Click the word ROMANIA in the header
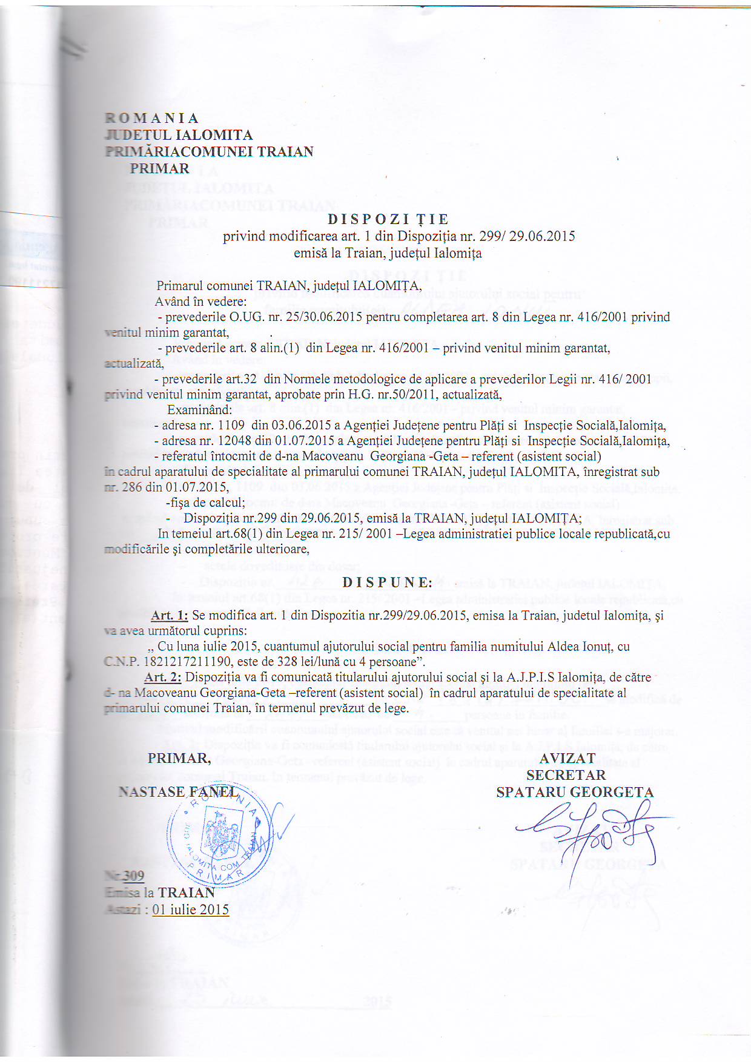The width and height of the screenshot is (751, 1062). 152,118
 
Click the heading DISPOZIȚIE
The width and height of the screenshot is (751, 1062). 388,219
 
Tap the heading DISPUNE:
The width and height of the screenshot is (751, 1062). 388,582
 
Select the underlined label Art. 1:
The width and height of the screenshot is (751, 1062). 170,615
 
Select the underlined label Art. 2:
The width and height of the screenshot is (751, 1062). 163,677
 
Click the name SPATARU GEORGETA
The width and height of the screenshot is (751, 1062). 575,792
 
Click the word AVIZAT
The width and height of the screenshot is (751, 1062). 567,759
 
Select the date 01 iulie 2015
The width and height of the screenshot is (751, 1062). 191,909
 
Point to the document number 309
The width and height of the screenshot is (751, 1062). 134,876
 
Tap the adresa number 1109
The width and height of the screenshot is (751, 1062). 231,425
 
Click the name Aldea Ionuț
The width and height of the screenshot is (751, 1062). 578,646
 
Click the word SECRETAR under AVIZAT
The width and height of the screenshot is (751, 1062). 566,775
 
